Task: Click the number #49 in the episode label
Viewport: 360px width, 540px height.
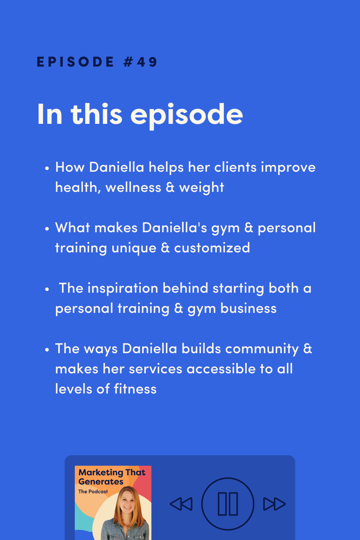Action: coord(140,62)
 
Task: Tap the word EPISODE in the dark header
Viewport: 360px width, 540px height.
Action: coord(75,62)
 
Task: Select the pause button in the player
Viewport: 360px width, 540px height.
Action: coord(228,504)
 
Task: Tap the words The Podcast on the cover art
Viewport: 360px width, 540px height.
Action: coord(93,491)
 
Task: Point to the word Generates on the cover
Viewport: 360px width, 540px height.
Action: coord(101,482)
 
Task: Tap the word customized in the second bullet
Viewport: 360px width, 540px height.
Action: coord(212,248)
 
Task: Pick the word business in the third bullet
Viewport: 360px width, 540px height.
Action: coord(248,309)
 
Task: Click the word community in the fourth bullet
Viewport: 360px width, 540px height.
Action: coord(262,349)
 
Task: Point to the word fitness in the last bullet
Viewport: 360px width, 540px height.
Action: coord(135,389)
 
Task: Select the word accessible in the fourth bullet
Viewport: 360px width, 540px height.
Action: coord(221,369)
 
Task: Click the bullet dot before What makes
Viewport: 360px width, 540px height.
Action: coord(47,229)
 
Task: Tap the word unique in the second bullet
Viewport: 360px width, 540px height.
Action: coord(134,248)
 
